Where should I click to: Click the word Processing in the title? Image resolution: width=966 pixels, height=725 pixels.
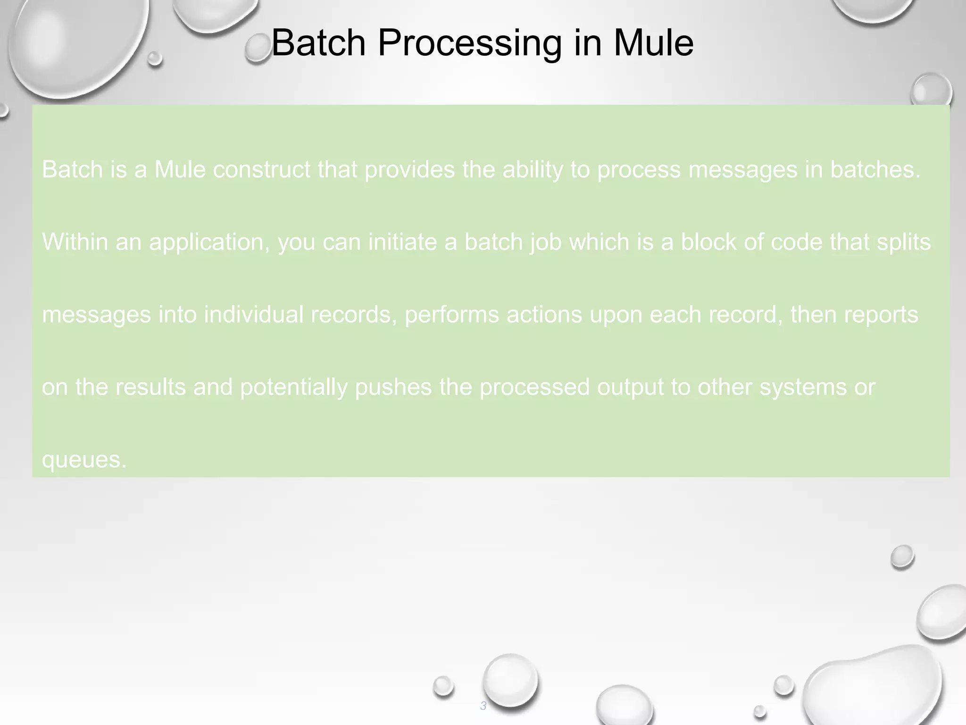pyautogui.click(x=470, y=44)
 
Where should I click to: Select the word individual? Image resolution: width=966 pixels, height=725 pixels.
pyautogui.click(x=253, y=315)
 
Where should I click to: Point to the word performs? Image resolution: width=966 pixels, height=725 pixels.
pyautogui.click(x=451, y=315)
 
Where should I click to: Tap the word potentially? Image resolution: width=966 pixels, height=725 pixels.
pyautogui.click(x=293, y=388)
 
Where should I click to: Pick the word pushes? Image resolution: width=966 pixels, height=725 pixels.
pyautogui.click(x=393, y=388)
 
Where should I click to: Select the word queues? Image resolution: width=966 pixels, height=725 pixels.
pyautogui.click(x=84, y=460)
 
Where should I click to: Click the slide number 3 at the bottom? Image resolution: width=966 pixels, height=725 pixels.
pyautogui.click(x=483, y=706)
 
